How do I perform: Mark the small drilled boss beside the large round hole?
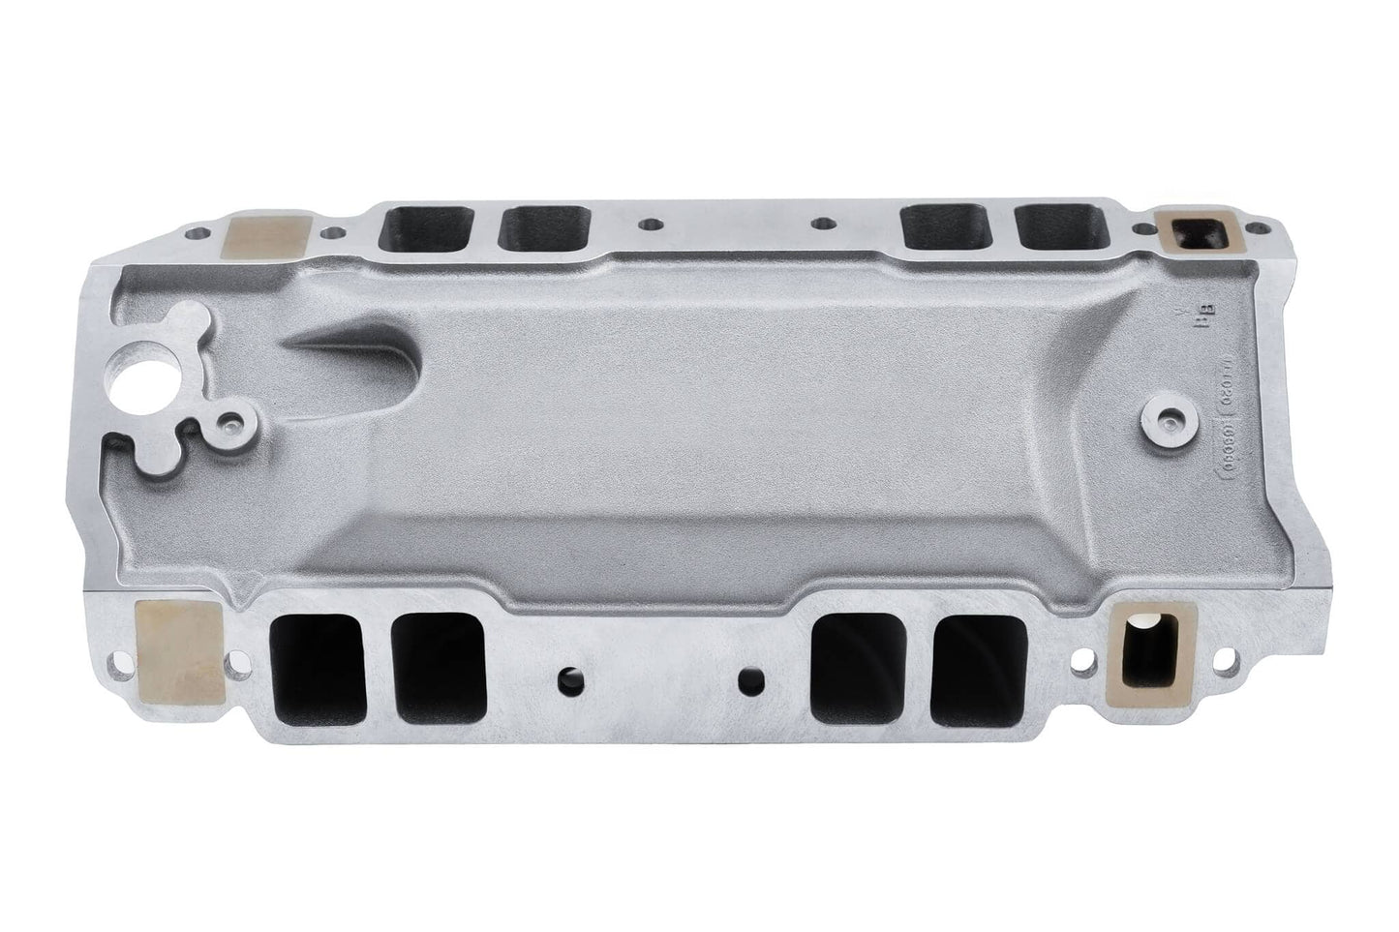point(231,423)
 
